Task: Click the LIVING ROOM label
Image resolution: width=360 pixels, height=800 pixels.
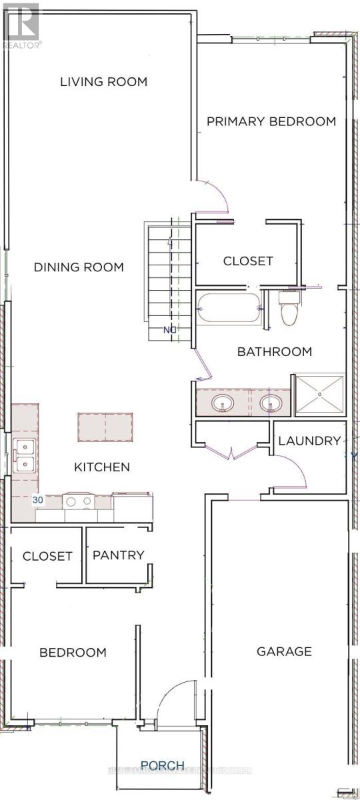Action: pos(103,82)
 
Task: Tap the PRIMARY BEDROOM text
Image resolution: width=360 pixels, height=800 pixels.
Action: pos(271,121)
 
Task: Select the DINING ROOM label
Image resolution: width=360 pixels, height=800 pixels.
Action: pos(79,267)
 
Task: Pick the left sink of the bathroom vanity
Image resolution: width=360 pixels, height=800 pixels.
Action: pos(221,403)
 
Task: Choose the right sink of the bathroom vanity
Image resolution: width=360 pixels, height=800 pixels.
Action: pos(270,403)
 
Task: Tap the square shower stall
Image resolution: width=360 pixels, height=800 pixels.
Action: pos(319,395)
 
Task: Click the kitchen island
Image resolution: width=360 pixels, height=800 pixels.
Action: pos(105,427)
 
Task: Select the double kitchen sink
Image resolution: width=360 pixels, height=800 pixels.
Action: pos(24,456)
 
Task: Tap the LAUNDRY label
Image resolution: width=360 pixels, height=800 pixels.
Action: pos(309,441)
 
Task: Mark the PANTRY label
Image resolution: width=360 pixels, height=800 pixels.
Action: pos(119,555)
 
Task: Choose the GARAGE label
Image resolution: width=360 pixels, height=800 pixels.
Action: pos(284,651)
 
